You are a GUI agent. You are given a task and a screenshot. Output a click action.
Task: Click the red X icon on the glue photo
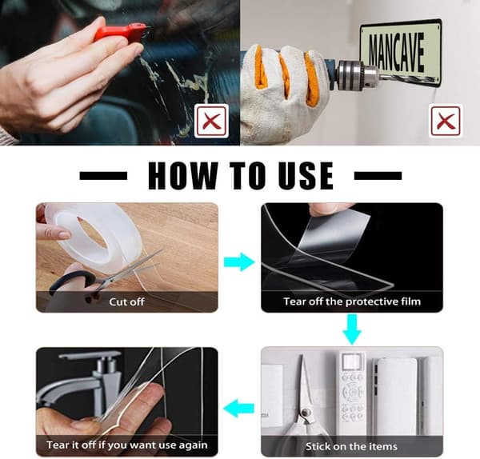[211, 121]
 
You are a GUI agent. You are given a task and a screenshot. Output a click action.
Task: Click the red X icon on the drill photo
[446, 121]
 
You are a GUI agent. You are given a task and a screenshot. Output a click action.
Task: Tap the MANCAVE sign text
[397, 53]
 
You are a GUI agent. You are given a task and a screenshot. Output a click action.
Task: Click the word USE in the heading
[306, 176]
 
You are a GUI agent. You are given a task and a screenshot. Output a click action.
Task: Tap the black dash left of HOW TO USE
[103, 176]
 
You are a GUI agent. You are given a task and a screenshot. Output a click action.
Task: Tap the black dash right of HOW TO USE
[378, 176]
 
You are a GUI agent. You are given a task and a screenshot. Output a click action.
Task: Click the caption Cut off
[126, 302]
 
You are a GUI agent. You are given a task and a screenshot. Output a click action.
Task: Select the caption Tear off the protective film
[352, 301]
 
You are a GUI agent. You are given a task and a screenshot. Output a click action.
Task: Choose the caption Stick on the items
[352, 446]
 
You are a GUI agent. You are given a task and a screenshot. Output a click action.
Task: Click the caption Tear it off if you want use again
[127, 445]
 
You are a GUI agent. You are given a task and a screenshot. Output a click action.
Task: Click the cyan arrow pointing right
[239, 262]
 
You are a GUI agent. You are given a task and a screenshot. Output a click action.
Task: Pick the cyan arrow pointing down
[352, 329]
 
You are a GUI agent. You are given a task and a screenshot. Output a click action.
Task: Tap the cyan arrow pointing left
[238, 408]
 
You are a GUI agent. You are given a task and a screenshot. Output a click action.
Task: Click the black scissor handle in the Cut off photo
[72, 281]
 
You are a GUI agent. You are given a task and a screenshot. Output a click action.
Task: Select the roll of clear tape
[89, 237]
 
